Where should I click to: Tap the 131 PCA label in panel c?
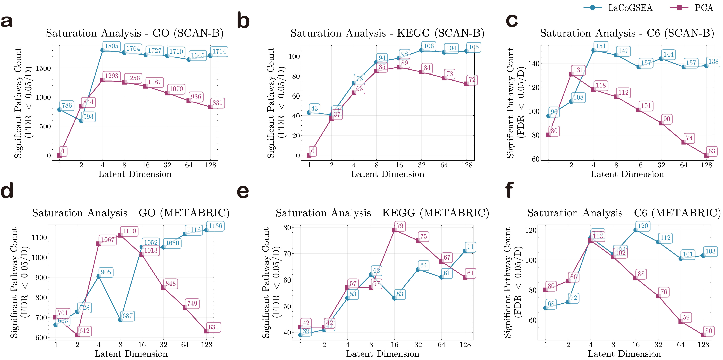[x=578, y=70]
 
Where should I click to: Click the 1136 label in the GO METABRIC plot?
[x=215, y=226]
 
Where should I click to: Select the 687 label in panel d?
[x=127, y=316]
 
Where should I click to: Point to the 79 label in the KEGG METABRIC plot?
[x=400, y=226]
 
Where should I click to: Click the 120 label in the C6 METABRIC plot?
[x=643, y=226]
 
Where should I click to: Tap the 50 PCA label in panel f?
[x=709, y=331]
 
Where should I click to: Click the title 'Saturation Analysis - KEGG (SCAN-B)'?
[x=387, y=33]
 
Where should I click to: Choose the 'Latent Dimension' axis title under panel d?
[x=131, y=354]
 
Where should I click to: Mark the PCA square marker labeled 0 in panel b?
[x=309, y=155]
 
